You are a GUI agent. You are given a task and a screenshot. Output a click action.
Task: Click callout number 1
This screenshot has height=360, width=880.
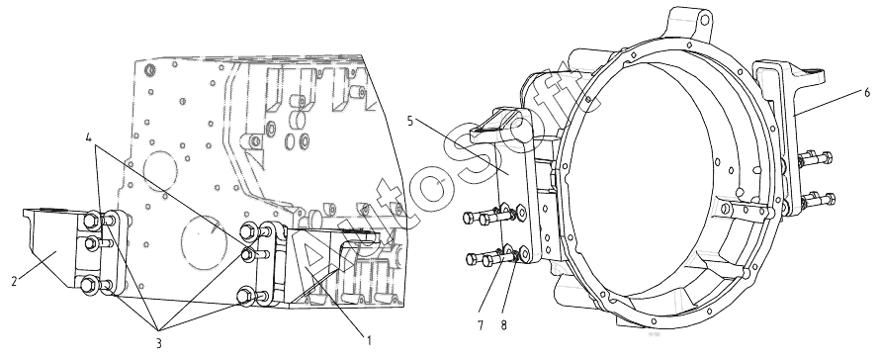tap(369, 340)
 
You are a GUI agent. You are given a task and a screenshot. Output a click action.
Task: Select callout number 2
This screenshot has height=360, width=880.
tap(14, 281)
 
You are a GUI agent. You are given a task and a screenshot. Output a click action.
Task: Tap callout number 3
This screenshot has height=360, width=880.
tap(159, 342)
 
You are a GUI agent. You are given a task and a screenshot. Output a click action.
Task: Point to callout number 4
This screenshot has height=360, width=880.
tap(89, 136)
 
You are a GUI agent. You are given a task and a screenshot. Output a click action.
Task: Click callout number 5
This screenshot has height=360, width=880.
tap(410, 121)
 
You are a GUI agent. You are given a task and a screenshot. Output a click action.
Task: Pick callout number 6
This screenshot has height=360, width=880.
tap(868, 93)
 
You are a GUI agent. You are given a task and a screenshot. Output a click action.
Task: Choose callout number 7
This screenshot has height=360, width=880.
tap(481, 325)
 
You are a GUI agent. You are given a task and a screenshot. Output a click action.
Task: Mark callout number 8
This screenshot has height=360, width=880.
tap(503, 325)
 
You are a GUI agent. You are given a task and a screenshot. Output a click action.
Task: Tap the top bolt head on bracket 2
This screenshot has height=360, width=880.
tap(92, 221)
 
